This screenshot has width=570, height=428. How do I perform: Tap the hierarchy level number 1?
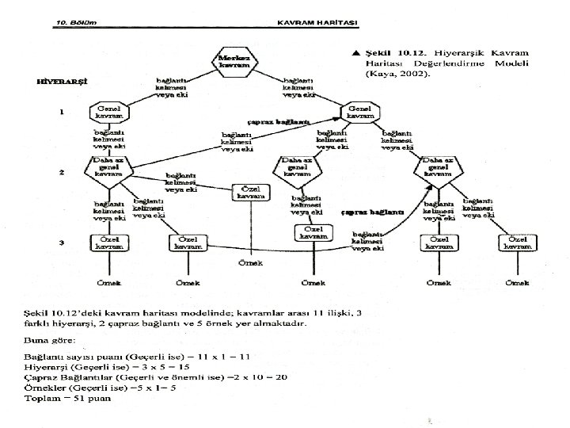pos(62,112)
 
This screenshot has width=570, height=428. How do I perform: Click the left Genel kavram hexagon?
pos(108,113)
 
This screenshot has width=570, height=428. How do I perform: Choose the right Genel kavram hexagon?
pos(360,113)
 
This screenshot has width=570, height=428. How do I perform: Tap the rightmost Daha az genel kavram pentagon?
pos(437,169)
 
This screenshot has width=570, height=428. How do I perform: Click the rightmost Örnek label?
pos(519,283)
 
